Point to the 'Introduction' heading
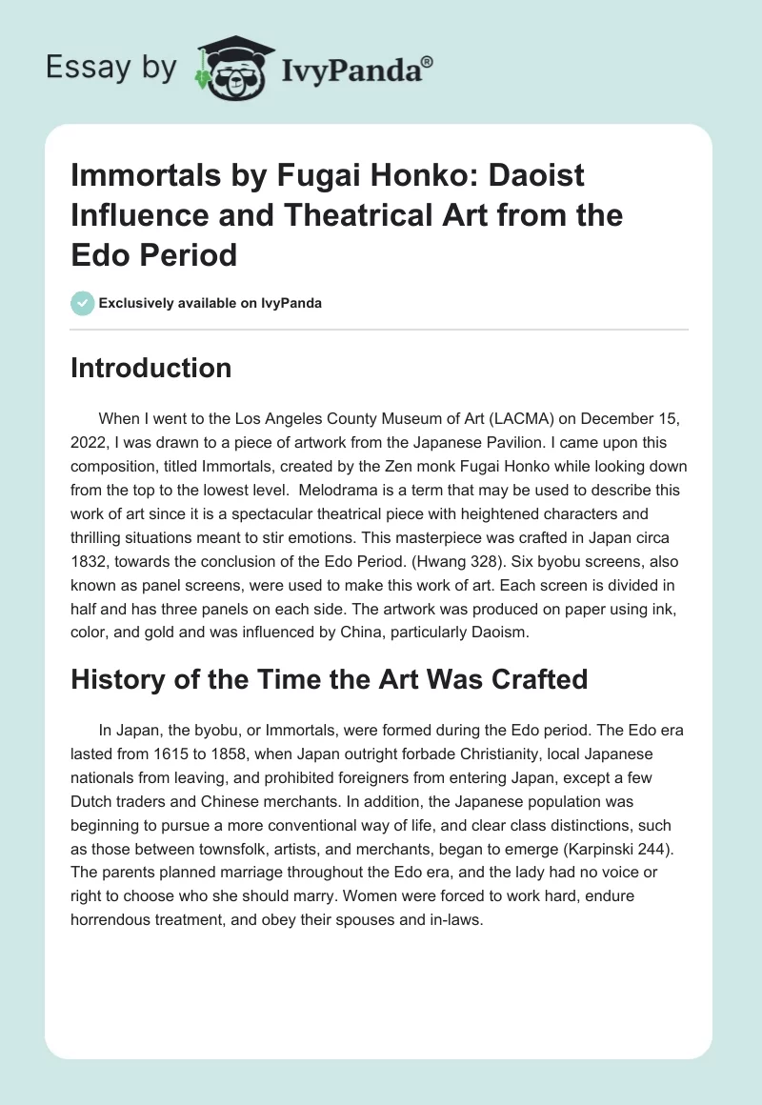[150, 368]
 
